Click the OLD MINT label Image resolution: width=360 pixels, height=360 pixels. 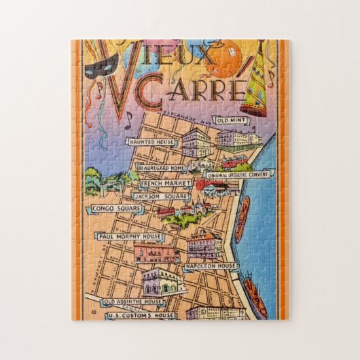pyautogui.click(x=232, y=121)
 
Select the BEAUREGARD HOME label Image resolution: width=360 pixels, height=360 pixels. pyautogui.click(x=160, y=166)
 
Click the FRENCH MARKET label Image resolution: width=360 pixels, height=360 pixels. pyautogui.click(x=162, y=183)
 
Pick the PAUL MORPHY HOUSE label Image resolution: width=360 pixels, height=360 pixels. pyautogui.click(x=130, y=236)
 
